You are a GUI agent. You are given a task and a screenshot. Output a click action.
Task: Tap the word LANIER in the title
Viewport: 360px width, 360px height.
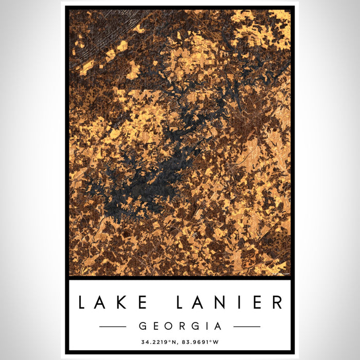click(229, 302)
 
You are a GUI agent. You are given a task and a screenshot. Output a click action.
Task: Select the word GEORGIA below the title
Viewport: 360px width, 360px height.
click(179, 326)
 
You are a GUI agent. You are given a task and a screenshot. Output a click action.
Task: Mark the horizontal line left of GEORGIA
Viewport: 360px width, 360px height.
click(113, 327)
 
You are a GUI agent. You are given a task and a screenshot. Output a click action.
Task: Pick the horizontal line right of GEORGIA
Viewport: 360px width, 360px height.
click(247, 327)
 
